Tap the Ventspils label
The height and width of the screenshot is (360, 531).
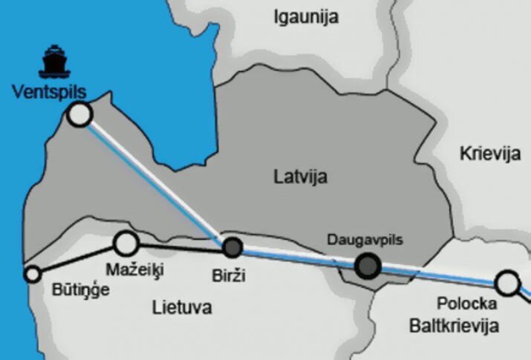(x=50, y=92)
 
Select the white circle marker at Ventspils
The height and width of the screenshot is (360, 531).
(x=79, y=114)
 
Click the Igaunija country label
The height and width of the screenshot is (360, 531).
(x=306, y=16)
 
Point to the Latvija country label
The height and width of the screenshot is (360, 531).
(x=300, y=177)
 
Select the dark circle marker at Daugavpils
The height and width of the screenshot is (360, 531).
(x=367, y=266)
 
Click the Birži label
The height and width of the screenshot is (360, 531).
(x=228, y=276)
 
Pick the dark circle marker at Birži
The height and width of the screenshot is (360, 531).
(x=233, y=247)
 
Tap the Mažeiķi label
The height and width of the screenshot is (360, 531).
(x=134, y=267)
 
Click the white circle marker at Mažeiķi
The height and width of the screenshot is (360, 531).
(x=127, y=242)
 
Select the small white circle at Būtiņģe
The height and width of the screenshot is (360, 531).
(x=33, y=274)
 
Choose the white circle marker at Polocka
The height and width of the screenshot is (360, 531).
(x=507, y=282)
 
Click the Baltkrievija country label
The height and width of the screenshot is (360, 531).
(x=454, y=325)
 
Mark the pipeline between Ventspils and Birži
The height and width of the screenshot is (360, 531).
(x=152, y=181)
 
